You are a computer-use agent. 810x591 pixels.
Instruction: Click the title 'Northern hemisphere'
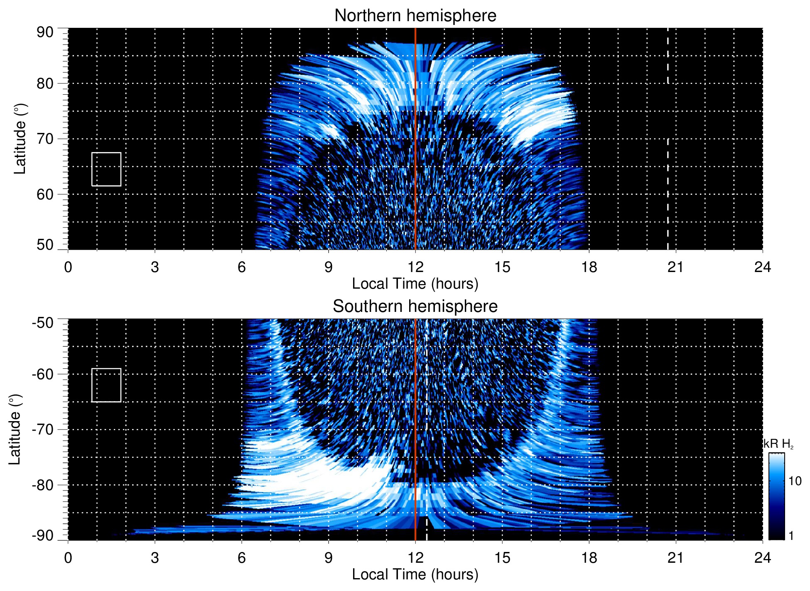click(415, 16)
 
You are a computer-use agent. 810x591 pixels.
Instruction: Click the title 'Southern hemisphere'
click(415, 307)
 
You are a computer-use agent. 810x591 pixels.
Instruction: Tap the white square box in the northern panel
click(106, 169)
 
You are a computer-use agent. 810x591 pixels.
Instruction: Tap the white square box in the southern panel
click(106, 385)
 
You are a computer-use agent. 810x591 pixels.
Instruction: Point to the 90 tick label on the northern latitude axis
click(45, 32)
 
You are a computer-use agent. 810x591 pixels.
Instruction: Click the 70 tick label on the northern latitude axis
click(45, 139)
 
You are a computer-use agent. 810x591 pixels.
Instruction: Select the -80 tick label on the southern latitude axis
click(43, 485)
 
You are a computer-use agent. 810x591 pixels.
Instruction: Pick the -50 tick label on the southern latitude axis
click(43, 323)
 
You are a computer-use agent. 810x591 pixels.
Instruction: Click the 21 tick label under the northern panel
click(675, 267)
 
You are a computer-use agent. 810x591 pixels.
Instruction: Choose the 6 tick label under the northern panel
click(241, 267)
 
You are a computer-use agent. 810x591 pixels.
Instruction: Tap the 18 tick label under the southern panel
click(589, 558)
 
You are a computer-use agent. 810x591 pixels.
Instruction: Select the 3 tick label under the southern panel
click(155, 558)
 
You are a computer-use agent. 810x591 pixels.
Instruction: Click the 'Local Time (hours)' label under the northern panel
click(415, 284)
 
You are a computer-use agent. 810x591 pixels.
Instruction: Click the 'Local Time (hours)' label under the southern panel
click(415, 574)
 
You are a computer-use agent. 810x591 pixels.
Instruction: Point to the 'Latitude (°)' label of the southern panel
click(15, 429)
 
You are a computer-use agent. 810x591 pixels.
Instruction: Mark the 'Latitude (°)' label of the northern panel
click(20, 139)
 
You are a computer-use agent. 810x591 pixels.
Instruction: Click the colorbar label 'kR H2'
click(778, 444)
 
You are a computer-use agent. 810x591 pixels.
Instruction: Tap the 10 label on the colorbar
click(795, 481)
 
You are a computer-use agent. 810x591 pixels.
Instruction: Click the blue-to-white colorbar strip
click(776, 496)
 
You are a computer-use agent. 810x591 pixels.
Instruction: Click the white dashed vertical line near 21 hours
click(668, 166)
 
